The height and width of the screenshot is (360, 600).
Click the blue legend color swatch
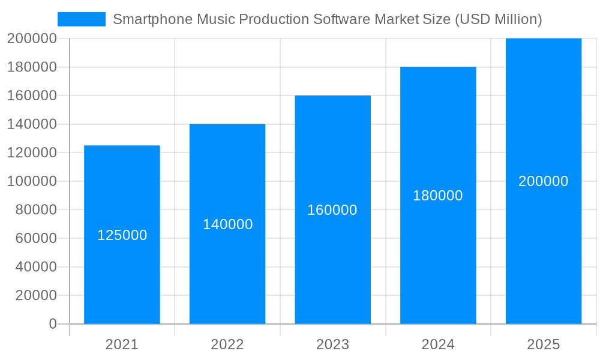(81, 19)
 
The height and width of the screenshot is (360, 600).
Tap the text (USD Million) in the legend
(498, 19)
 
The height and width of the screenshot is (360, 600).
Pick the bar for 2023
(332, 270)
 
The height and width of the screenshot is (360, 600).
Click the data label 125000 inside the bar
(122, 235)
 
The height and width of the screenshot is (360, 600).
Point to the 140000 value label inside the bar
(227, 224)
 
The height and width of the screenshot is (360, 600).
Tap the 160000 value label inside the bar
(332, 210)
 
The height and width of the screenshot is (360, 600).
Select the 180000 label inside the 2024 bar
(438, 196)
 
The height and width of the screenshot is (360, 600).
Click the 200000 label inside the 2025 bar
(543, 181)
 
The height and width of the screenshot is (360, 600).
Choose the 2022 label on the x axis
(227, 344)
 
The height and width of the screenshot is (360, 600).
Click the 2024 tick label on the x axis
(438, 344)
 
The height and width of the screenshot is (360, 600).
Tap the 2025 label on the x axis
(543, 344)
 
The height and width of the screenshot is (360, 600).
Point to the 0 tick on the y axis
(53, 324)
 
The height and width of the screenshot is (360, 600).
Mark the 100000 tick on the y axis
(32, 181)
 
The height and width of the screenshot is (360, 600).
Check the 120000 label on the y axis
(32, 152)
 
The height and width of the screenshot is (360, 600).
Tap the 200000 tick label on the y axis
(32, 38)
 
